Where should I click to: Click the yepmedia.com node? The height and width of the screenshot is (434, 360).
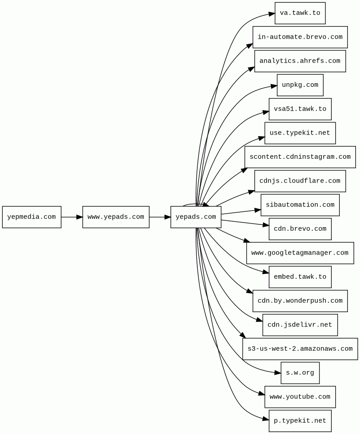pyautogui.click(x=31, y=217)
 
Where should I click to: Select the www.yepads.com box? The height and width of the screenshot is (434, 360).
pyautogui.click(x=116, y=217)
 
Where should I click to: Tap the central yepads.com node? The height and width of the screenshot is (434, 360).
pyautogui.click(x=196, y=217)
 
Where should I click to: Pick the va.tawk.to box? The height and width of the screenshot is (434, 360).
pyautogui.click(x=300, y=13)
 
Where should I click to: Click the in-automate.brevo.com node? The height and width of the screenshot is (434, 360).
pyautogui.click(x=300, y=37)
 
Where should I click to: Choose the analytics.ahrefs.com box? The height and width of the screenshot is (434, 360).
pyautogui.click(x=300, y=61)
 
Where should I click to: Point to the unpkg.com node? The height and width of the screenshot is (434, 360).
pyautogui.click(x=300, y=85)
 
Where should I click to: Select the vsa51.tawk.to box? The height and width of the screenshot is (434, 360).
pyautogui.click(x=300, y=109)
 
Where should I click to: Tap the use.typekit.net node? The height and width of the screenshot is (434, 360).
pyautogui.click(x=300, y=133)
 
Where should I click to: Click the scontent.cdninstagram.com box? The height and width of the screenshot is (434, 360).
pyautogui.click(x=300, y=157)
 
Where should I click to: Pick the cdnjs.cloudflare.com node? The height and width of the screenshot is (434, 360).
pyautogui.click(x=300, y=181)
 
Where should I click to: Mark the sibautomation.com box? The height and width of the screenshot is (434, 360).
pyautogui.click(x=300, y=205)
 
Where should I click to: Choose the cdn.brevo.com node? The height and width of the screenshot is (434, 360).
pyautogui.click(x=300, y=229)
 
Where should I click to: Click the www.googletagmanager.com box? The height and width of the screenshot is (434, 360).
pyautogui.click(x=300, y=253)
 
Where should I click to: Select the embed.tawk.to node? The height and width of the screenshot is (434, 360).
pyautogui.click(x=300, y=277)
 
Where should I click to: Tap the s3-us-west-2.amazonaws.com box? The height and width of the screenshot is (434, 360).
pyautogui.click(x=300, y=349)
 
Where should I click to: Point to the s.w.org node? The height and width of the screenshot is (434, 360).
pyautogui.click(x=300, y=373)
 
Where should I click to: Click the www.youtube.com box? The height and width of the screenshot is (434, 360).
pyautogui.click(x=300, y=397)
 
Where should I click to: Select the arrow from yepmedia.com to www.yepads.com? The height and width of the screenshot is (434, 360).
pyautogui.click(x=71, y=217)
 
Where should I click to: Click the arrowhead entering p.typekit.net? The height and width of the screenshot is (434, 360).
pyautogui.click(x=265, y=419)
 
